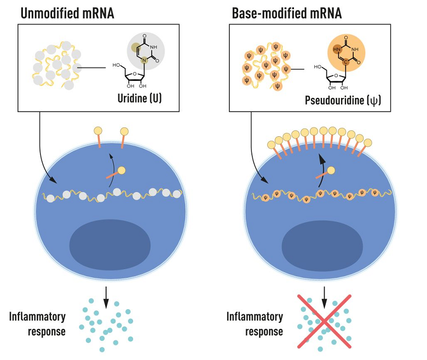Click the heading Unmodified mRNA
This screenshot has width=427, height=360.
[67, 13]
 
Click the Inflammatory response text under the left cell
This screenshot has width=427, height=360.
[37, 324]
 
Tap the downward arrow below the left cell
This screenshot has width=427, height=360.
[106, 295]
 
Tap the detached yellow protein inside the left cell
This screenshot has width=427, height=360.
[121, 170]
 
